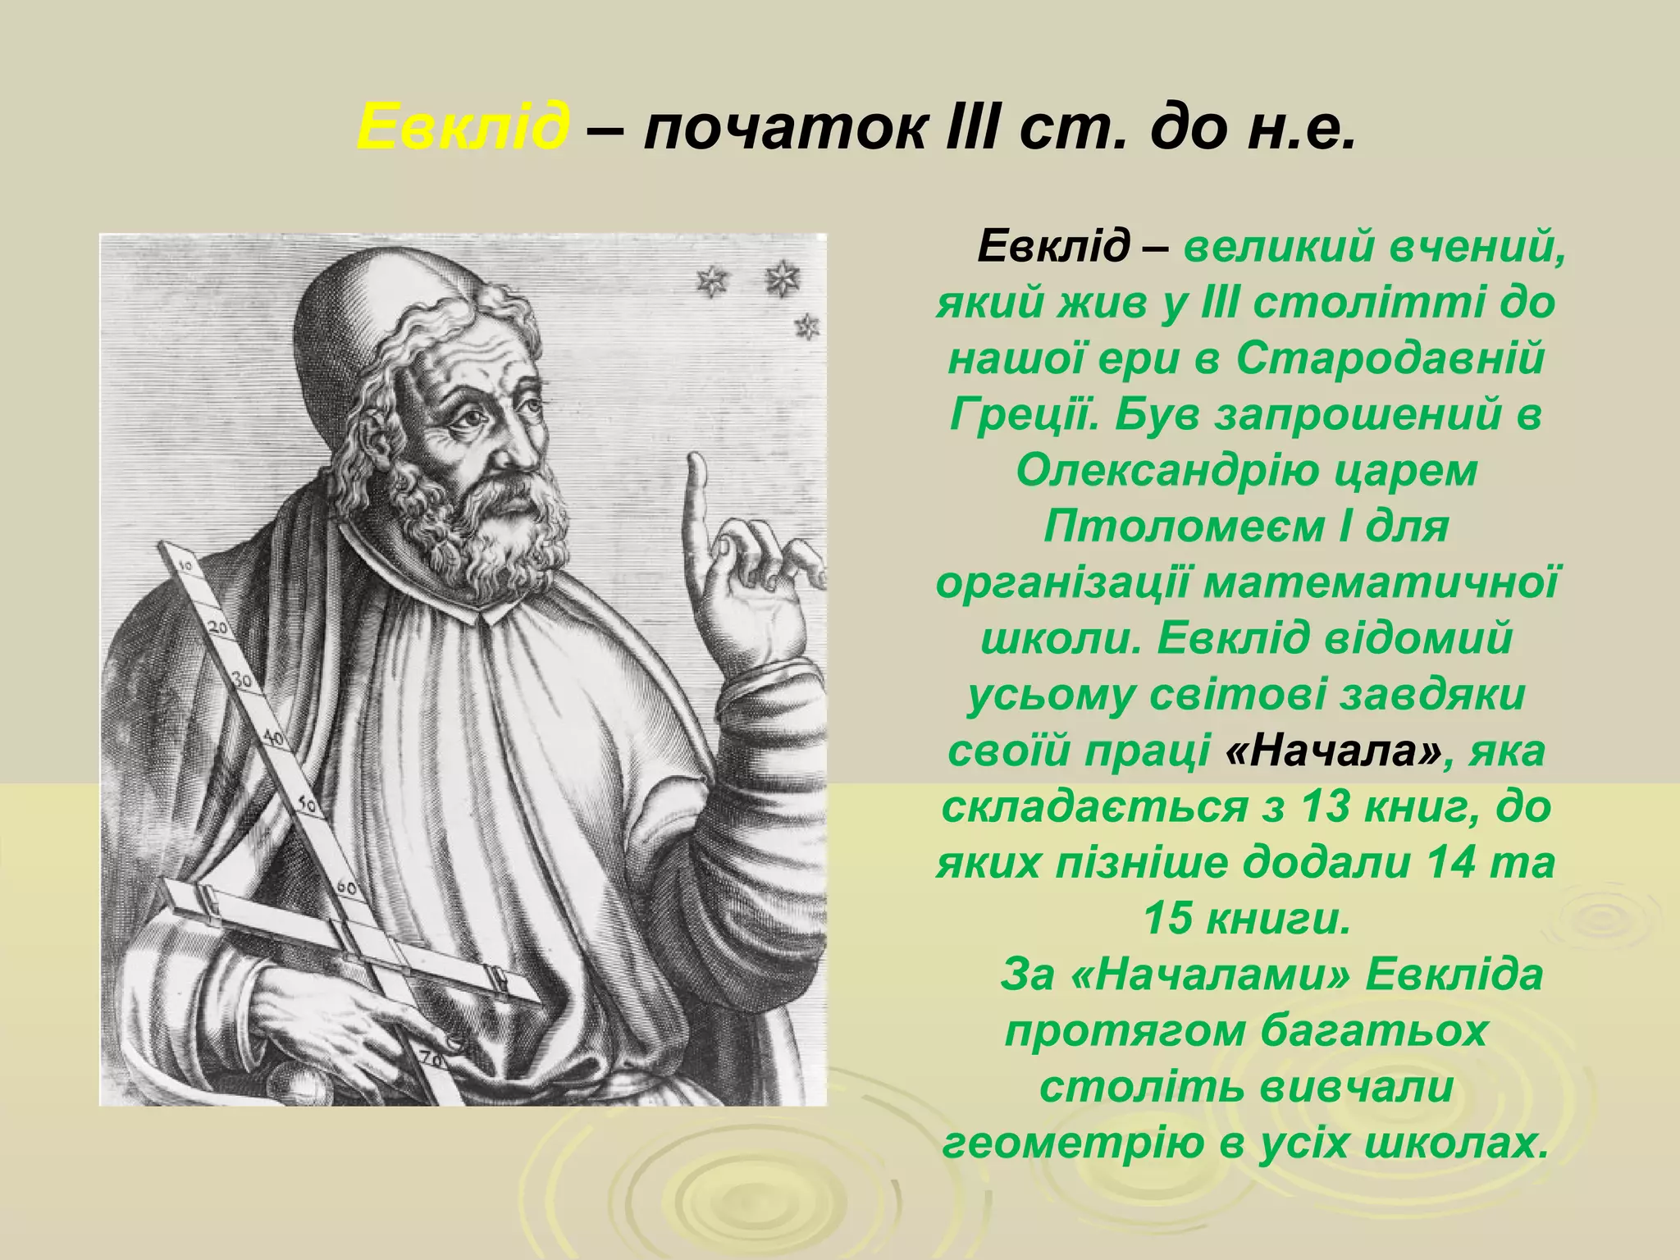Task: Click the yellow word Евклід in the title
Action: (463, 128)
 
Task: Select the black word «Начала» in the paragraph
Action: (1332, 751)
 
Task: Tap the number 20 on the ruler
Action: (219, 628)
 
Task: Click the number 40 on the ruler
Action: (273, 738)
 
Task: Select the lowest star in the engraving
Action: (807, 327)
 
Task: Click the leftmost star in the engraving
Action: (710, 282)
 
